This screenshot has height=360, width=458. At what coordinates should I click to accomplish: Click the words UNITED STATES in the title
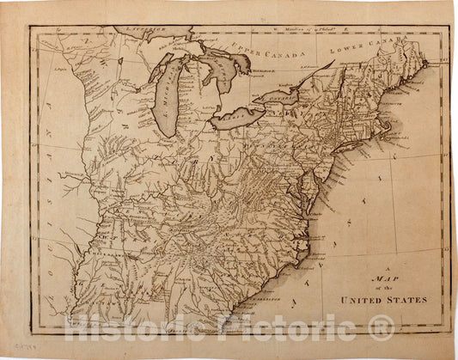pyautogui.click(x=382, y=300)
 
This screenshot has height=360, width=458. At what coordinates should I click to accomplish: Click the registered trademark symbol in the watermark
pyautogui.click(x=381, y=327)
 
